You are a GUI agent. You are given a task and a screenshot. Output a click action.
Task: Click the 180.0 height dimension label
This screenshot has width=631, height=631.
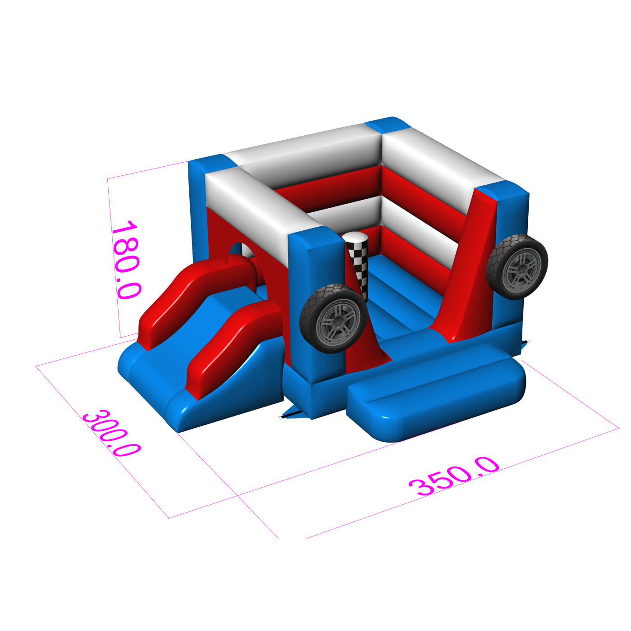tap(126, 259)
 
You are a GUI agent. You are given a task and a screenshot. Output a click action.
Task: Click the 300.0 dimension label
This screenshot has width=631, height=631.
tap(112, 433)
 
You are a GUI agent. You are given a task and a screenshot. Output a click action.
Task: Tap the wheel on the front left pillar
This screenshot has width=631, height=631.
tap(334, 318)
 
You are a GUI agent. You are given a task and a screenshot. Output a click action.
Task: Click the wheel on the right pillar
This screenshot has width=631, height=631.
tap(517, 266)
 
